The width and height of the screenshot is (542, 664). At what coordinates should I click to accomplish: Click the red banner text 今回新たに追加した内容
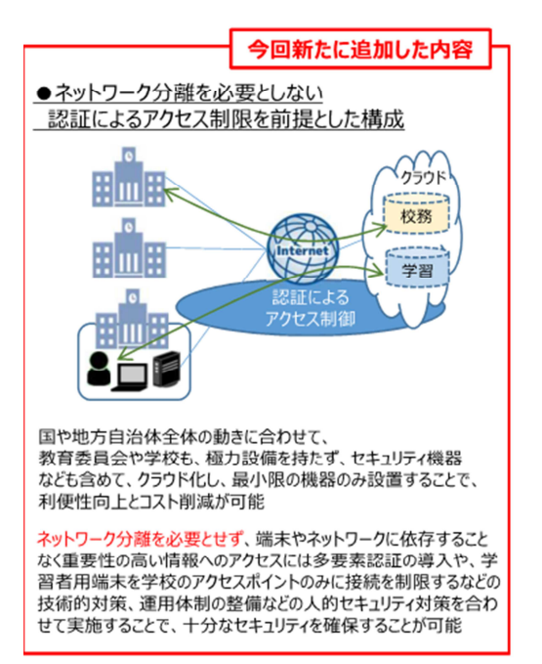click(x=360, y=50)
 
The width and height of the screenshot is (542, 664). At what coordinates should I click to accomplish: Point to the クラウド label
click(x=423, y=177)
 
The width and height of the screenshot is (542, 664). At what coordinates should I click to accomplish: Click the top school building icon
click(x=129, y=177)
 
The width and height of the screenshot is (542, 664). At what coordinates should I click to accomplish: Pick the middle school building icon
click(x=129, y=248)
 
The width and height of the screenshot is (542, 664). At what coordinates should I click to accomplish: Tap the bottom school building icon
click(x=133, y=319)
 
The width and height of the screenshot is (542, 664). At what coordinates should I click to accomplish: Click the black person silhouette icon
click(x=99, y=369)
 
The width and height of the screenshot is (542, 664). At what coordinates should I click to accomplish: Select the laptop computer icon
click(x=132, y=376)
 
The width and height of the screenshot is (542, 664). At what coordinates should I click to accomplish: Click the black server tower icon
click(x=166, y=369)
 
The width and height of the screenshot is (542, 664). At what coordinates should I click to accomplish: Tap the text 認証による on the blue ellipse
click(x=311, y=297)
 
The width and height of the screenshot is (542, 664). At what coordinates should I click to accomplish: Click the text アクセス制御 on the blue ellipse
click(x=311, y=319)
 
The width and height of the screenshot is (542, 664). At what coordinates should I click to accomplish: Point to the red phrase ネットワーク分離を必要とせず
click(x=141, y=539)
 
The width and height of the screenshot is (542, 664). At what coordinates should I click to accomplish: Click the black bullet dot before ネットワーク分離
click(x=44, y=94)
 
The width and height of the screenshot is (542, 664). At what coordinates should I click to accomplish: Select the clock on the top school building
click(x=129, y=156)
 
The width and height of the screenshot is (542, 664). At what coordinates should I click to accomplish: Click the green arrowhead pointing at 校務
click(x=381, y=228)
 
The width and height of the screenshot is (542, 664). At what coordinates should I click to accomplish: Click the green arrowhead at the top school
click(x=169, y=194)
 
